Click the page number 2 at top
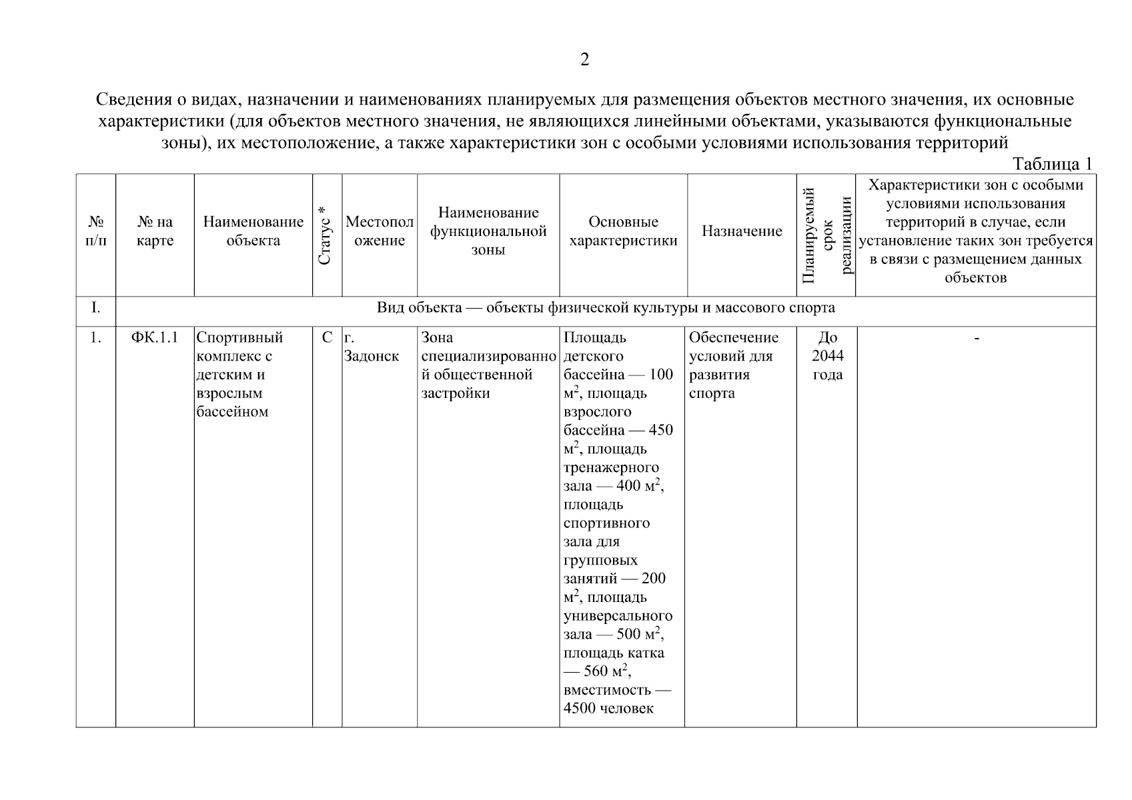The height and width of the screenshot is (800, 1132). (584, 60)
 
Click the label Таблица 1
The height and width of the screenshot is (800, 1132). (1052, 164)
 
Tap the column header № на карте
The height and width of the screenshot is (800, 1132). (155, 231)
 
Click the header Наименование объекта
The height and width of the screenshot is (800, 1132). (253, 231)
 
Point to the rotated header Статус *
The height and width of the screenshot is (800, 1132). (326, 235)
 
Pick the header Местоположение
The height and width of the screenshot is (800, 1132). (379, 231)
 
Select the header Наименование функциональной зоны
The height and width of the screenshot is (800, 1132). (488, 231)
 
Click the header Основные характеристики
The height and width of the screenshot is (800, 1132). (623, 231)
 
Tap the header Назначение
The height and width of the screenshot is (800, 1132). (741, 231)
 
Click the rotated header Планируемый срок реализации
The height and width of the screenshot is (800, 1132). (827, 235)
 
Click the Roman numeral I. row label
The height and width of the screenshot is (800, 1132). (95, 308)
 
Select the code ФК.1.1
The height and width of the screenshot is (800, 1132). (155, 337)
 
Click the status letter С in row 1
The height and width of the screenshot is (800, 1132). (327, 337)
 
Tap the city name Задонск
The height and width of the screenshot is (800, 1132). (372, 356)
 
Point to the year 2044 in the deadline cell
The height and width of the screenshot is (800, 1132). (827, 356)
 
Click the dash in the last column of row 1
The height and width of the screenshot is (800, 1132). (977, 339)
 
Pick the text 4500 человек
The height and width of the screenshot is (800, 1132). (608, 709)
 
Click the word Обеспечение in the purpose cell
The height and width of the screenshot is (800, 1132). (733, 337)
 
